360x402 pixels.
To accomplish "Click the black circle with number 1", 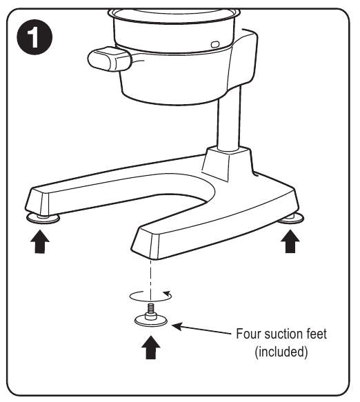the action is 34,37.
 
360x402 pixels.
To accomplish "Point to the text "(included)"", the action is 281,352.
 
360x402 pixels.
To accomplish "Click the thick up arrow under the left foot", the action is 40,242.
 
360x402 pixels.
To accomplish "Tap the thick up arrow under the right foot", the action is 290,241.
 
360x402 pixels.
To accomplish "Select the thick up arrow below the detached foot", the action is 151,348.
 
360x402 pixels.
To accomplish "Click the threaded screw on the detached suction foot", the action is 151,309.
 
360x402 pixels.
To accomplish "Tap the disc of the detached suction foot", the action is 151,321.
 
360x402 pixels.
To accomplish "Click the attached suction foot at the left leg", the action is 43,219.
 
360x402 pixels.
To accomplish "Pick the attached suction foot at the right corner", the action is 292,219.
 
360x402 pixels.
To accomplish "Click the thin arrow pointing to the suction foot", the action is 201,330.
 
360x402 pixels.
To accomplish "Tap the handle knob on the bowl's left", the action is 110,59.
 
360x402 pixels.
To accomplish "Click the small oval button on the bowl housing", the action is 215,44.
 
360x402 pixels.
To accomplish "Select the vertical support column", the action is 229,118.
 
